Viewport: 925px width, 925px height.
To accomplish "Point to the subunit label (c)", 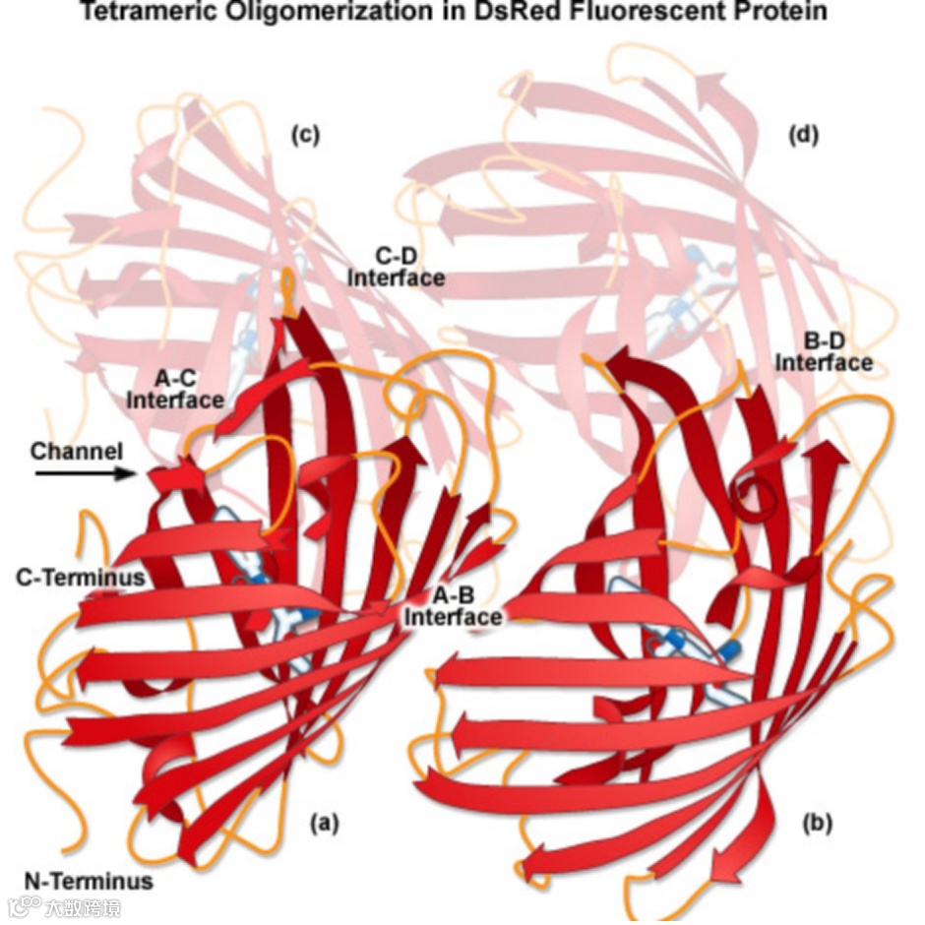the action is (304, 135).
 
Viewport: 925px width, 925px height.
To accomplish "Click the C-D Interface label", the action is (396, 267).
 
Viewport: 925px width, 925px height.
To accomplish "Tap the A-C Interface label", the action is (175, 389).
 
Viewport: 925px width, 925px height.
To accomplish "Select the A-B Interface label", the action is (454, 606).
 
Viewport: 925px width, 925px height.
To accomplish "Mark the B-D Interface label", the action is (824, 352).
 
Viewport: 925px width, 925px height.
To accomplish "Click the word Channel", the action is (77, 452).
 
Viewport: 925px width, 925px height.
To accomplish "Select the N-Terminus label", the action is (89, 881).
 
